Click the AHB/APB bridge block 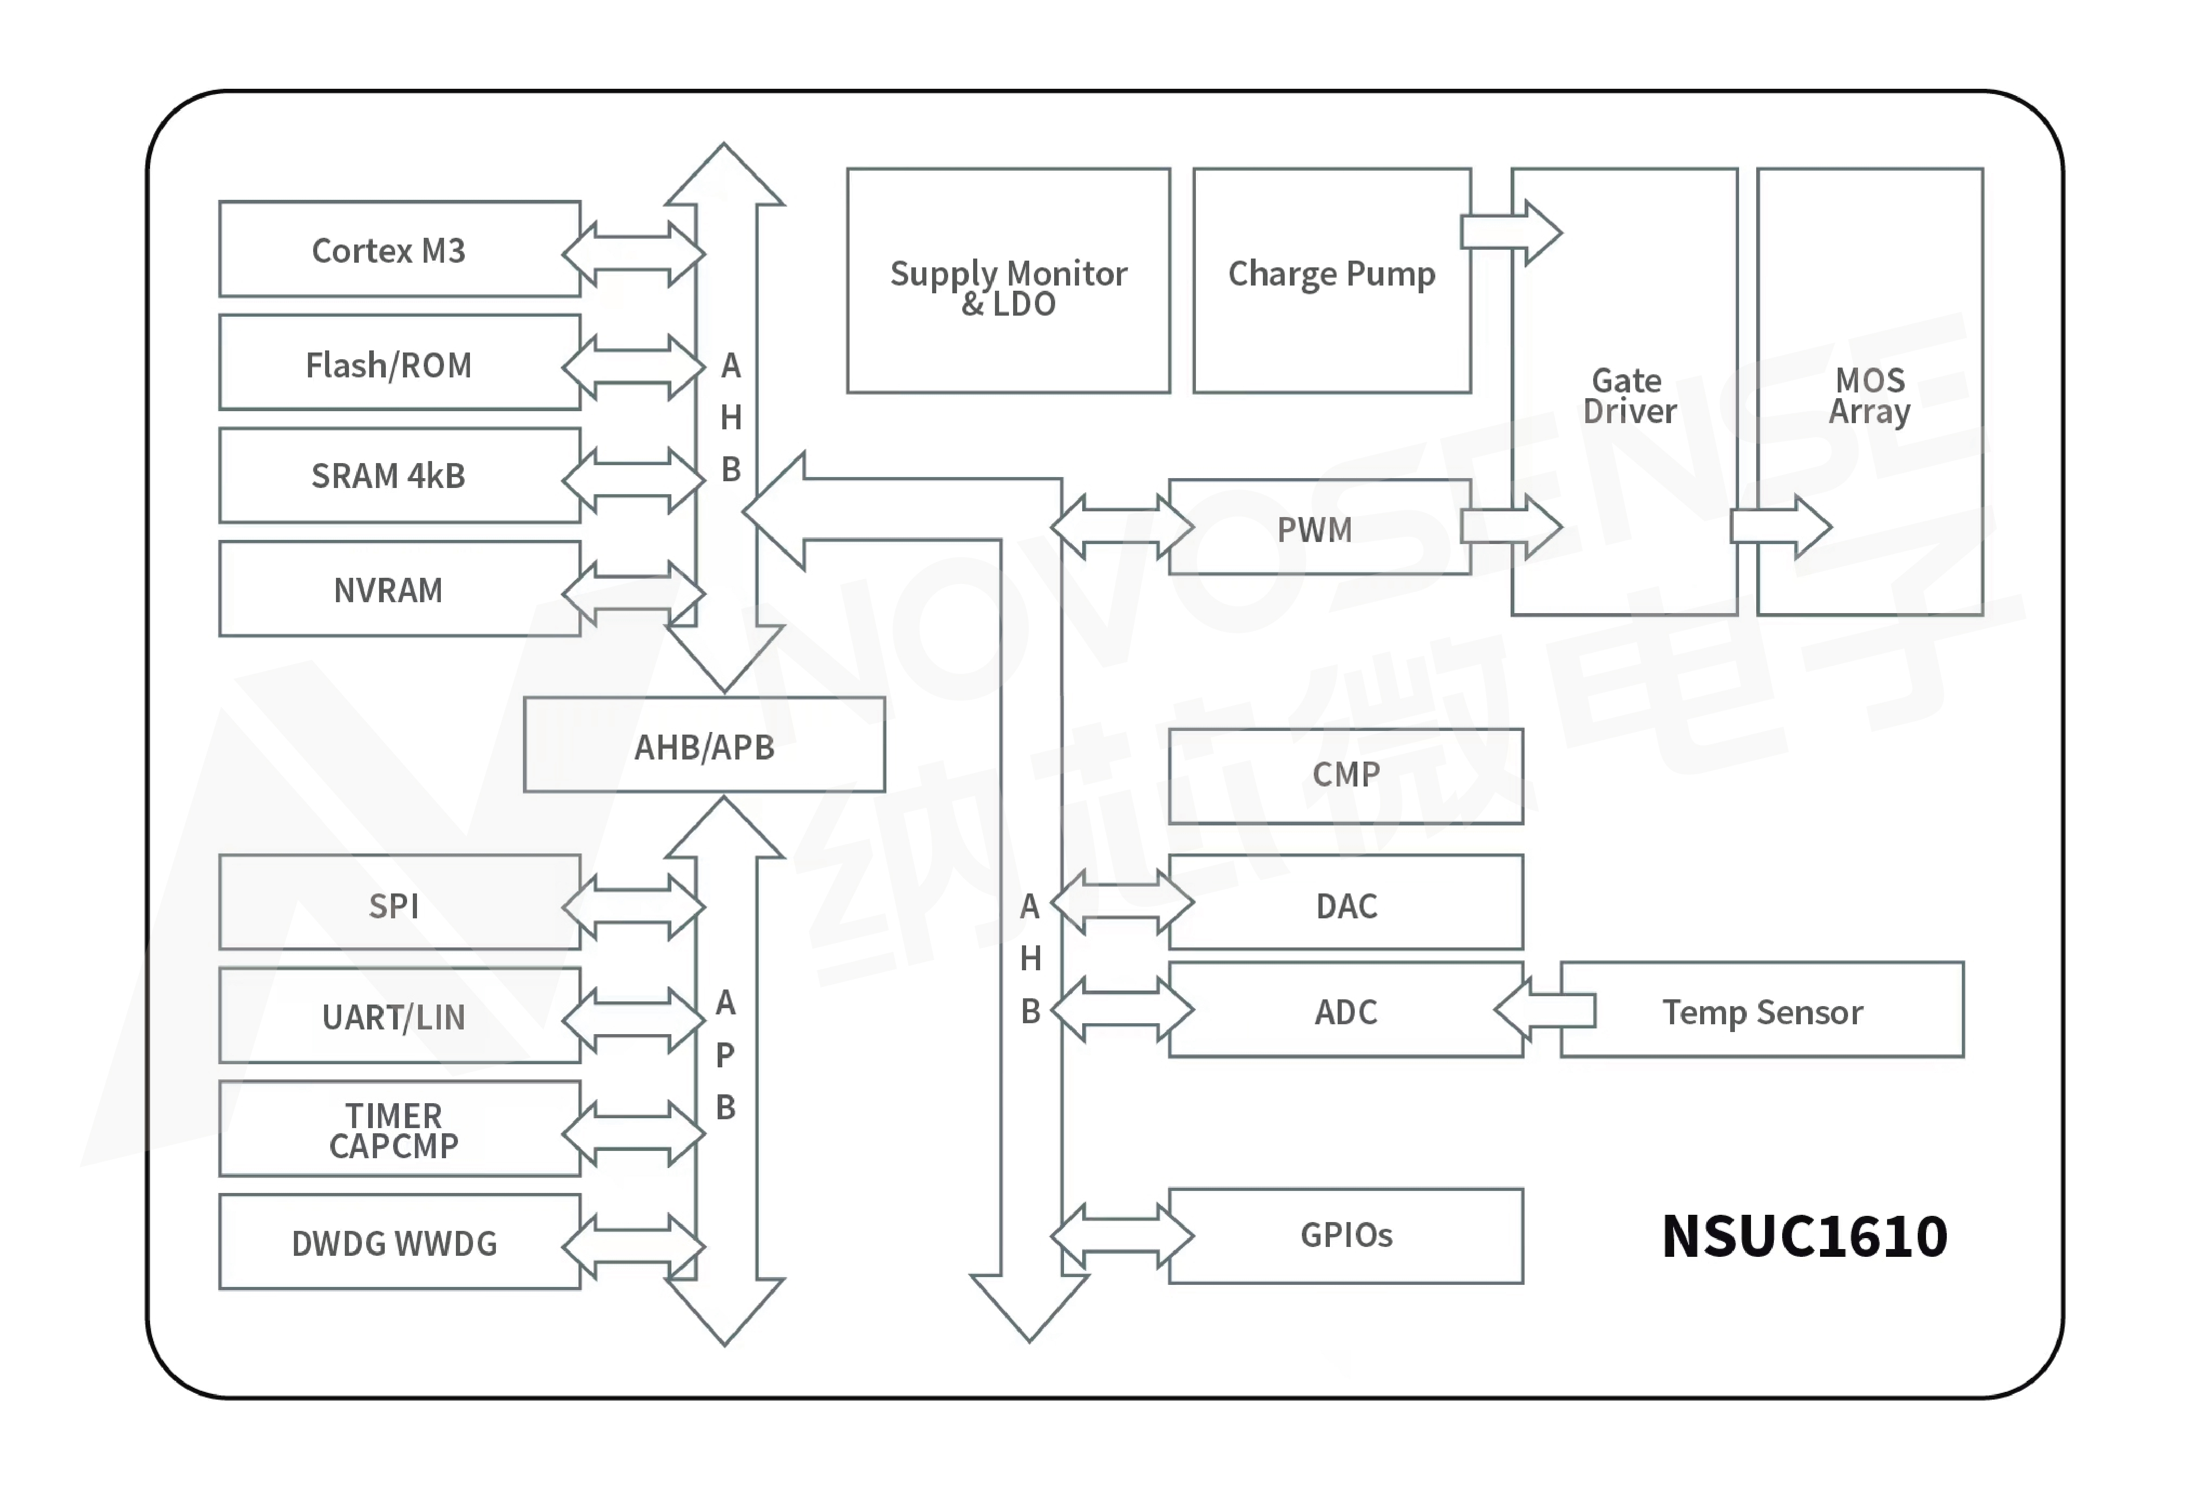point(704,746)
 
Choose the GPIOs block point(1345,1236)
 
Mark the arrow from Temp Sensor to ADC point(1545,1010)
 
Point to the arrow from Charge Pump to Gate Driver point(1511,232)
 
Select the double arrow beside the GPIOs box point(1122,1236)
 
